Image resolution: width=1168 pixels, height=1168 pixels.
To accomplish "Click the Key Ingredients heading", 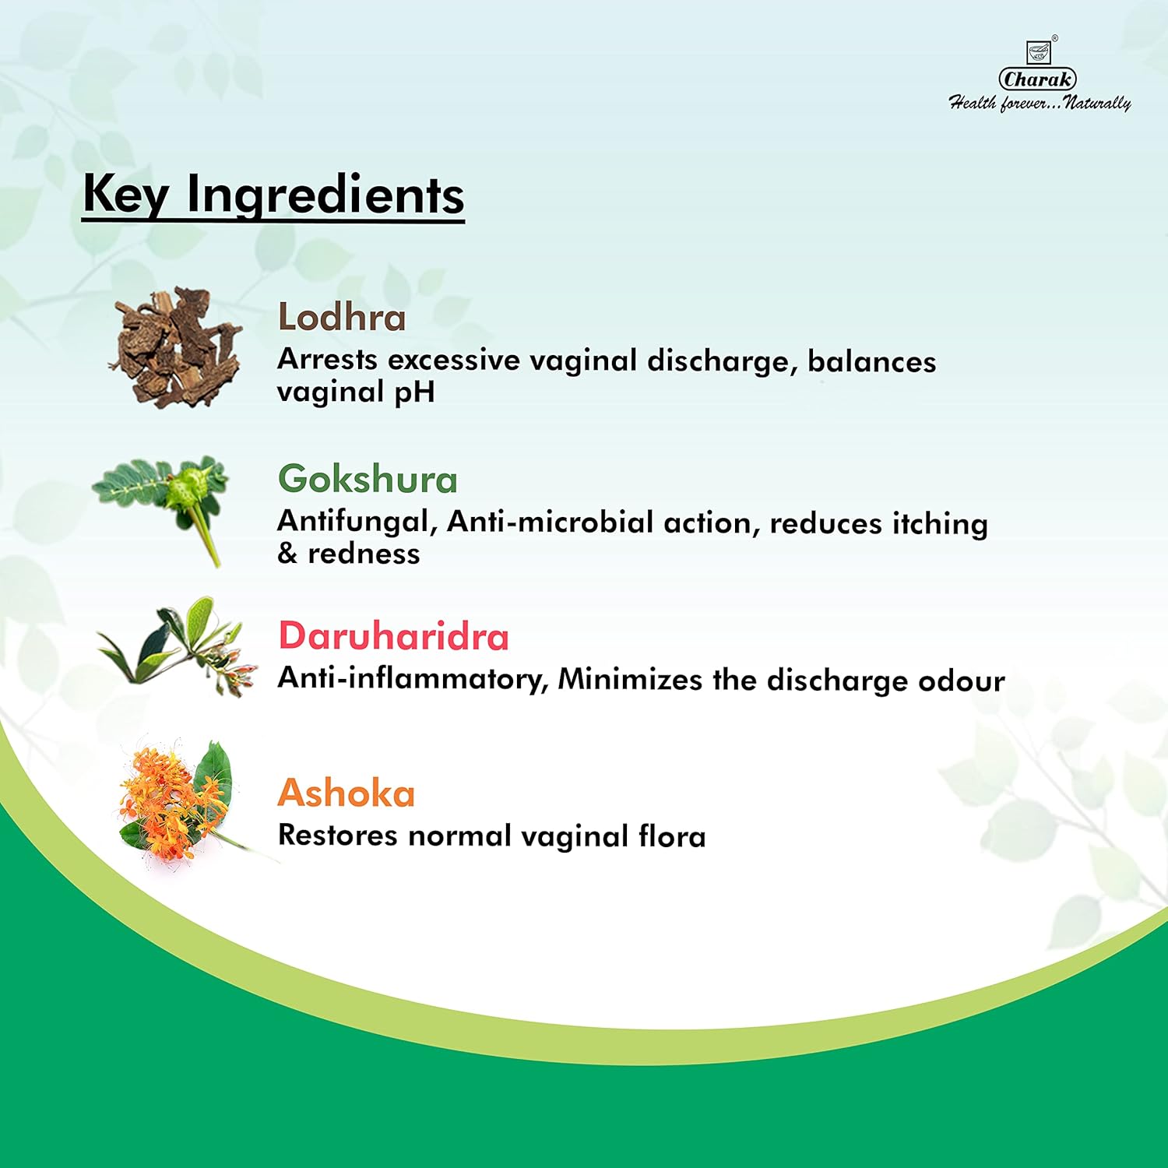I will pos(273,195).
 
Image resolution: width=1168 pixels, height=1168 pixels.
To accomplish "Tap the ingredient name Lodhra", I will pos(342,318).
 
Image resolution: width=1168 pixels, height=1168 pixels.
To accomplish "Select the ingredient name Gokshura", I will pos(368,479).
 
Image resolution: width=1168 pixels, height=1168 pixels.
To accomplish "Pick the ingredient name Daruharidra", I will pos(393,636).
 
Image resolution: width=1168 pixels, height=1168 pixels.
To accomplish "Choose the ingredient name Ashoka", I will pos(347,793).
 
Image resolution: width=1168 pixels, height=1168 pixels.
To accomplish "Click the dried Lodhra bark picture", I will pos(177,347).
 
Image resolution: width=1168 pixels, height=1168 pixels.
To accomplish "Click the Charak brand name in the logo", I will pos(1038,79).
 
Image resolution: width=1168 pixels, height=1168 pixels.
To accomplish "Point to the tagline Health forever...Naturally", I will pos(1040,103).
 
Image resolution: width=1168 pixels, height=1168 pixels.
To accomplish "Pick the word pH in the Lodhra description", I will pos(413,392).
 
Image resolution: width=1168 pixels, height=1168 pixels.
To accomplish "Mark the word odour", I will pos(962,681).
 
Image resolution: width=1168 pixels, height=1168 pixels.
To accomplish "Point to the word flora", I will pos(672,836).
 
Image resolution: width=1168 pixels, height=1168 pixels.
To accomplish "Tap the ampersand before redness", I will pos(287,554).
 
